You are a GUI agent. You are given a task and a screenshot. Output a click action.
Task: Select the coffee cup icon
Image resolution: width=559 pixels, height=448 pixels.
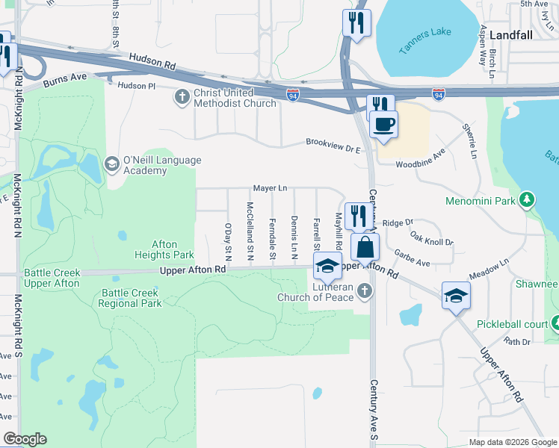pyautogui.click(x=383, y=125)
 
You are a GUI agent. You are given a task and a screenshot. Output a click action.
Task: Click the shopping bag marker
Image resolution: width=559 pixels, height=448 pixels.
pyautogui.click(x=365, y=247)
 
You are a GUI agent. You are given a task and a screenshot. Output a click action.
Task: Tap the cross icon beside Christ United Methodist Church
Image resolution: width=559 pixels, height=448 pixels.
pyautogui.click(x=182, y=96)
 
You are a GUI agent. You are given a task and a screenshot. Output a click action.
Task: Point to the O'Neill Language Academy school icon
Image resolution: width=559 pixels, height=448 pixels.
pyautogui.click(x=111, y=164)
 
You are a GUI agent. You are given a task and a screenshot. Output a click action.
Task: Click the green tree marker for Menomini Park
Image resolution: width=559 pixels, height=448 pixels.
pyautogui.click(x=528, y=200)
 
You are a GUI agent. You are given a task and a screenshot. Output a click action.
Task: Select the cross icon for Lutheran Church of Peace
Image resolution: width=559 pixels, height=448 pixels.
pyautogui.click(x=364, y=290)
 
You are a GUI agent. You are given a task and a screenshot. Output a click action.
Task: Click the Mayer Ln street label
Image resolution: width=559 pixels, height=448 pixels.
pyautogui.click(x=271, y=189)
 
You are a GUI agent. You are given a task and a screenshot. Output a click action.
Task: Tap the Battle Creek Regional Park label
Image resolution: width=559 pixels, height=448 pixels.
pyautogui.click(x=130, y=298)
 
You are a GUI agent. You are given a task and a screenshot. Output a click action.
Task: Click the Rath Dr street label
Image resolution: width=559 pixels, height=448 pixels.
pyautogui.click(x=516, y=341)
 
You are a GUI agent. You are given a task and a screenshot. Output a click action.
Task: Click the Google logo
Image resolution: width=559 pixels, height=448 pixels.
pyautogui.click(x=24, y=439)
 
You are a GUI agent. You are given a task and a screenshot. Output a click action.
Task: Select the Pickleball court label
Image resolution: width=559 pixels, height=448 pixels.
pyautogui.click(x=512, y=325)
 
